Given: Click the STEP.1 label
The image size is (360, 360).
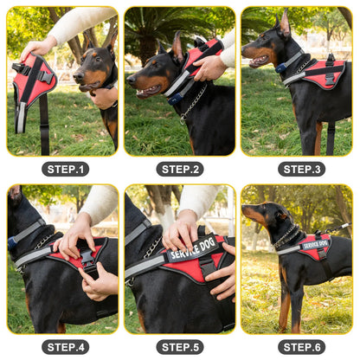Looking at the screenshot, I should pyautogui.click(x=65, y=170).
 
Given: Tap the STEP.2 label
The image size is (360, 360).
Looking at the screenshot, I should pyautogui.click(x=180, y=170).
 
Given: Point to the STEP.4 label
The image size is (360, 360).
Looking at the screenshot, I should pyautogui.click(x=65, y=347).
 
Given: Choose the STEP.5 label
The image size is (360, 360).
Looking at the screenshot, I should pyautogui.click(x=180, y=347).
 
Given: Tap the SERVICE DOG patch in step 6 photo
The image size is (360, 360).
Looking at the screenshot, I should pyautogui.click(x=315, y=245).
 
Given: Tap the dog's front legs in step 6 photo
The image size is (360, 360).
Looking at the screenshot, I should pyautogui.click(x=285, y=307).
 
